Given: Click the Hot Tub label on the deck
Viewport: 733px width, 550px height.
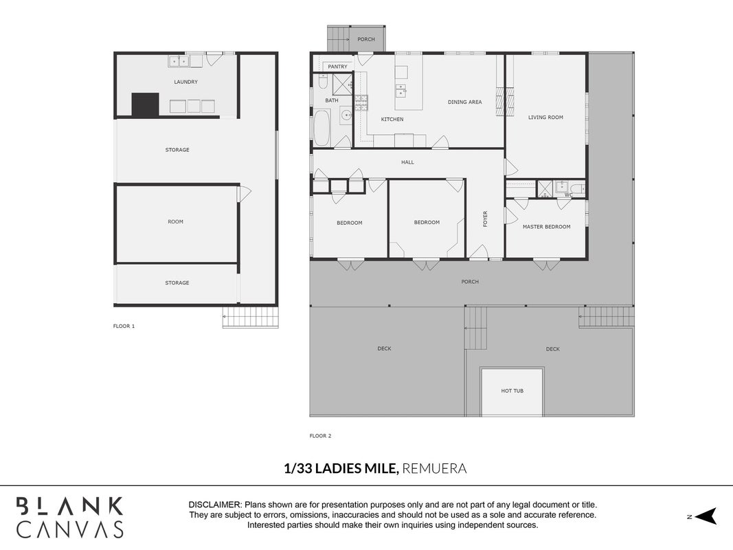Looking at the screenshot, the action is tap(512, 390).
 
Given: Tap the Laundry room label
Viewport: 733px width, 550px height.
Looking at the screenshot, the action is tap(185, 82).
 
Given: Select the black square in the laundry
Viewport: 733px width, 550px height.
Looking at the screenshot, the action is tap(145, 104).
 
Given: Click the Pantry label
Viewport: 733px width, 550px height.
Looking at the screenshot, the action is tap(337, 67).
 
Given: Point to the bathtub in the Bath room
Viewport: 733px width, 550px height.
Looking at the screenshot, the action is tap(322, 128).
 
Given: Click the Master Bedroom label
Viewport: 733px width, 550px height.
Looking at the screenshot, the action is tap(546, 227).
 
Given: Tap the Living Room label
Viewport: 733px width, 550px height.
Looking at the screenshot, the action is tap(545, 118).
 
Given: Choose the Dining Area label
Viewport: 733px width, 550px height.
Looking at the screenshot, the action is tap(464, 102).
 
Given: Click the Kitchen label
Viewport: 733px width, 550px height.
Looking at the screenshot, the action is tap(392, 119).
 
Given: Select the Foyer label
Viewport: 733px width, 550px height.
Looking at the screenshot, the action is tap(485, 219).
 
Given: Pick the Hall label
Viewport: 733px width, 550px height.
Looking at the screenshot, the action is tap(407, 162).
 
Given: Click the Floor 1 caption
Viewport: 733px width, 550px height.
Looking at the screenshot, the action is tap(124, 326).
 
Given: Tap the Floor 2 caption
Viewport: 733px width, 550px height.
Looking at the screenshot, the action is tap(320, 436).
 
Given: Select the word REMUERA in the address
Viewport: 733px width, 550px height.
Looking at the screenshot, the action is tap(434, 468).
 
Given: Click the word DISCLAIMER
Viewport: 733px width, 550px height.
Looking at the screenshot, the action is tap(214, 505).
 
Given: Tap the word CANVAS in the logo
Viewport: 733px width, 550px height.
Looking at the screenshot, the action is tap(70, 529).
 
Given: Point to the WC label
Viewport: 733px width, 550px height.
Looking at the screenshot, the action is tap(568, 195).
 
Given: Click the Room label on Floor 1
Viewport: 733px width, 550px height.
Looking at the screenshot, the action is tap(175, 221).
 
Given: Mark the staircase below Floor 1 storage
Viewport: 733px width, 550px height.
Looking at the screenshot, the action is tap(251, 317).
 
